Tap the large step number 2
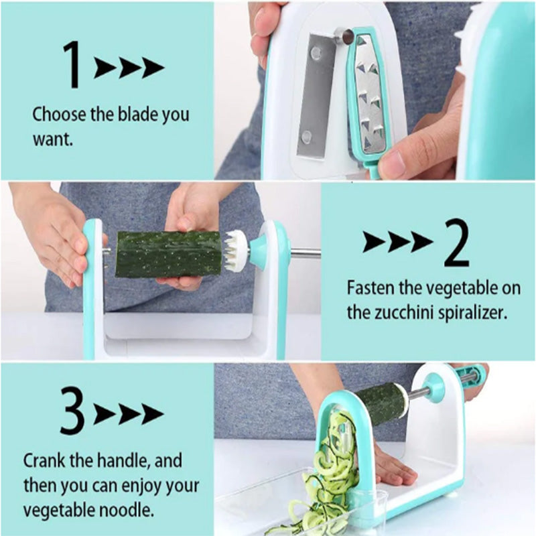point(456,243)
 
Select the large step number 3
point(72,411)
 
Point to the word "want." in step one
point(53,139)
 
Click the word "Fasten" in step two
point(370,287)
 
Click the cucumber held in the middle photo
point(169,254)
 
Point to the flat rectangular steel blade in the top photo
point(314,96)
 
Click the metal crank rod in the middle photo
point(306,254)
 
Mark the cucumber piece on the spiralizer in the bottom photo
point(381,403)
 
